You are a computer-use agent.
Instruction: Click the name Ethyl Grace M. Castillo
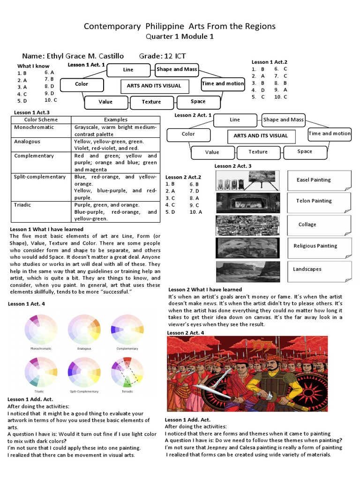pyautogui.click(x=87, y=56)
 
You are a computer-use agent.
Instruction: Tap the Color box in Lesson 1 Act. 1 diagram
pyautogui.click(x=82, y=84)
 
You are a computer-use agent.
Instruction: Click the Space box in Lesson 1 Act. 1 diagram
pyautogui.click(x=198, y=101)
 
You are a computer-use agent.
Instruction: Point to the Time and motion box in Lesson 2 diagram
pyautogui.click(x=329, y=134)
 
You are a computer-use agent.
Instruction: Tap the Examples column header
pyautogui.click(x=115, y=120)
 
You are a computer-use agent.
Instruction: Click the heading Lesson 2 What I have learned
pyautogui.click(x=205, y=290)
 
